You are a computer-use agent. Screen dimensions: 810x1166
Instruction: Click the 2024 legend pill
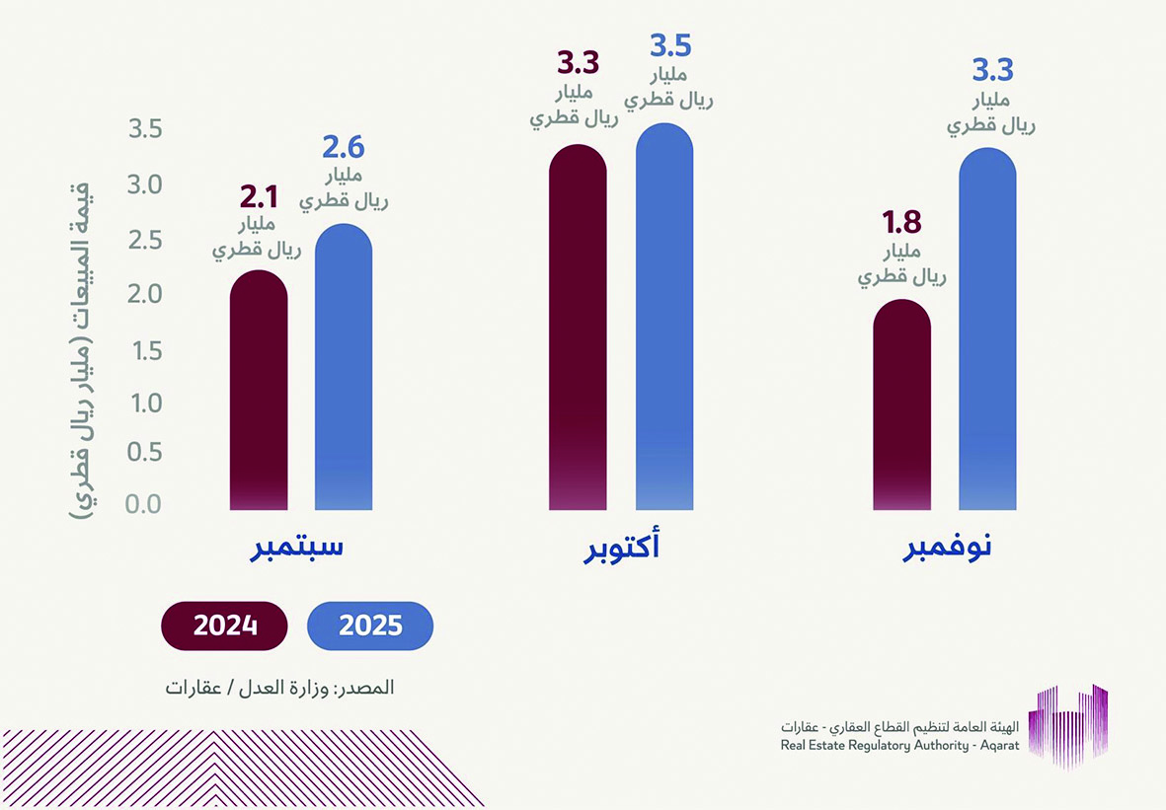[x=225, y=626]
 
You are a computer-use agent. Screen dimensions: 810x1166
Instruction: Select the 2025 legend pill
[x=370, y=626]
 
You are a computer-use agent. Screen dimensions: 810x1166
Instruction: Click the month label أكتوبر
[x=621, y=549]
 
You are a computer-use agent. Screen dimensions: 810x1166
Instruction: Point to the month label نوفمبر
[x=947, y=549]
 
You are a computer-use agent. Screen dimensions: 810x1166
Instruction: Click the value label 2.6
[x=344, y=147]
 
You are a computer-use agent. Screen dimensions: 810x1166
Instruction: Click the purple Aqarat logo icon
[x=1068, y=724]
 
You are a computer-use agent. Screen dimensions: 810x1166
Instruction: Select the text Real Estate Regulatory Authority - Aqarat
[x=899, y=746]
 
